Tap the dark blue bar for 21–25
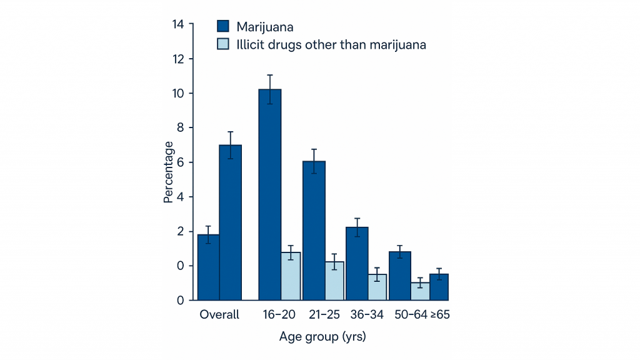[314, 231]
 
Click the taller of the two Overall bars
[230, 222]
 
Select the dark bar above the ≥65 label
[439, 287]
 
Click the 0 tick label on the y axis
[181, 301]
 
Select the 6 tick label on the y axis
[181, 162]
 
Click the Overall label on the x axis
[219, 315]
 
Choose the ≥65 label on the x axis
[439, 315]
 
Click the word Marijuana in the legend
[265, 26]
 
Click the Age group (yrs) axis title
[322, 337]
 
